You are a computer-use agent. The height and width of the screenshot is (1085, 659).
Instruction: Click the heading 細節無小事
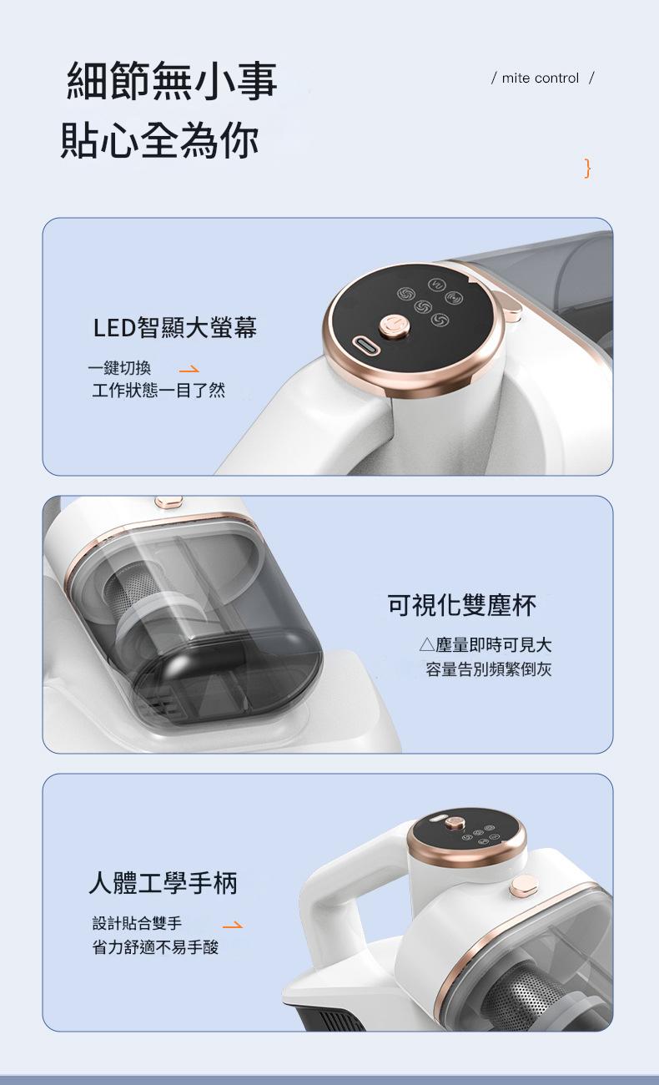[x=172, y=81]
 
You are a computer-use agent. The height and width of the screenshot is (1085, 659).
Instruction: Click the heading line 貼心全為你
[x=159, y=140]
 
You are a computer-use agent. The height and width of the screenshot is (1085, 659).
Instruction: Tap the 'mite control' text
[x=541, y=78]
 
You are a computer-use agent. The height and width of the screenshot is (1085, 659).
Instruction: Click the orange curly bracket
[x=587, y=168]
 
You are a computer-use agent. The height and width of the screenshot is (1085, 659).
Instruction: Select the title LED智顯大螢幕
[x=175, y=327]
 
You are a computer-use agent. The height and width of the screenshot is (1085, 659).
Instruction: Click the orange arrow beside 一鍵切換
[x=189, y=370]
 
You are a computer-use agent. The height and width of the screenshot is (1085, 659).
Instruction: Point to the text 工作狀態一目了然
[x=158, y=390]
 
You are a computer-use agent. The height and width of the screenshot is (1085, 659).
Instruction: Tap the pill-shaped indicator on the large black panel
[x=366, y=346]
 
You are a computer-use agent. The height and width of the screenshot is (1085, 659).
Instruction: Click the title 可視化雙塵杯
[x=462, y=605]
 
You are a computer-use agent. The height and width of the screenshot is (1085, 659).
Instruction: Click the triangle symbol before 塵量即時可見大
[x=426, y=644]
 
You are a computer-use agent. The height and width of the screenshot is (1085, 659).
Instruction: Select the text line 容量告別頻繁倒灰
[x=489, y=669]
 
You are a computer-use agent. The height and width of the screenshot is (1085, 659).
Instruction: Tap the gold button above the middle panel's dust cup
[x=169, y=502]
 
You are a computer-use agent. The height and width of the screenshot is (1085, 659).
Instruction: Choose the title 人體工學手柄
[x=163, y=882]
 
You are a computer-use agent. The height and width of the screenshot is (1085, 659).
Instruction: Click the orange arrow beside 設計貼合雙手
[x=233, y=926]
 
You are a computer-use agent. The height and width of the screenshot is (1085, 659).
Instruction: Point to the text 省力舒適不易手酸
[x=155, y=946]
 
